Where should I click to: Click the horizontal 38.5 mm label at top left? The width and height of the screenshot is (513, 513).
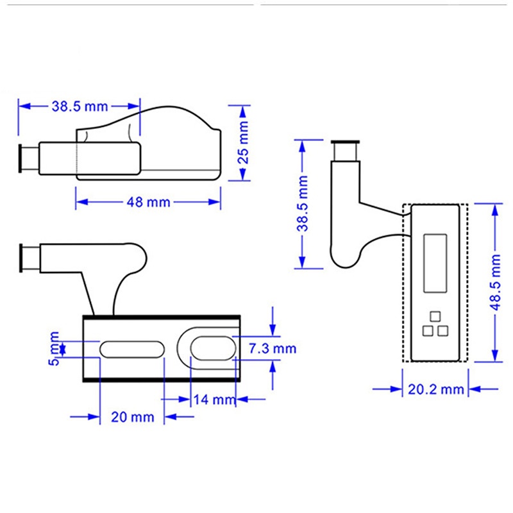tap(80, 106)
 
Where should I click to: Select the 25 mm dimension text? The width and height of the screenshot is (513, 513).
tap(243, 142)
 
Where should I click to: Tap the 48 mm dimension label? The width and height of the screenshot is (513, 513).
tap(148, 202)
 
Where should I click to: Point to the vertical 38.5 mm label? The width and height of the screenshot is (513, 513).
tap(303, 203)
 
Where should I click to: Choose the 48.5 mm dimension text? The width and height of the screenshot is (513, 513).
tap(495, 282)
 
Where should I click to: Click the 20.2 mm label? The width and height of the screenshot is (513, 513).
tap(436, 389)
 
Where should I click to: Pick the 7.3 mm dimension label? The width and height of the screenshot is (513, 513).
tap(273, 348)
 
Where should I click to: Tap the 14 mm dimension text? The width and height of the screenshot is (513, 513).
tap(214, 399)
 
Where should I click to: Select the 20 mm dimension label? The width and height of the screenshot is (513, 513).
tap(133, 417)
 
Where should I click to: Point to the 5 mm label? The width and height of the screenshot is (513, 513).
tap(55, 348)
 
